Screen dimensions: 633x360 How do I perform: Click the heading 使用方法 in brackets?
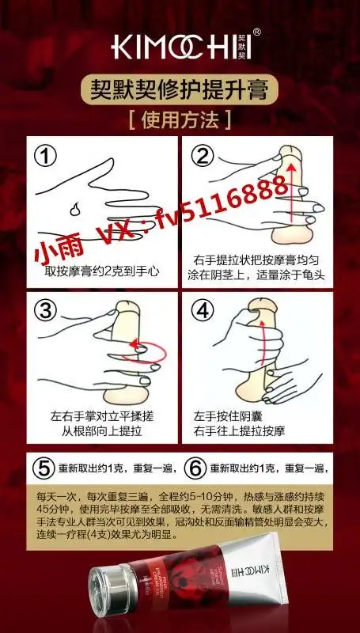[180, 120]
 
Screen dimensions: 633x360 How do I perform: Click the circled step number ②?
[204, 156]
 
